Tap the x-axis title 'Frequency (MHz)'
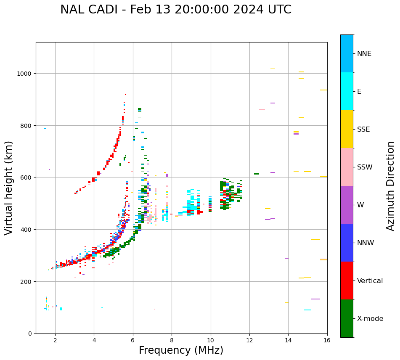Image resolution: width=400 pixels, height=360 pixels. [181, 350]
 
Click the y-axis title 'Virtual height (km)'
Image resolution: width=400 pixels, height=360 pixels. [9, 188]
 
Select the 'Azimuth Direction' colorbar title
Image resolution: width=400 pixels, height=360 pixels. [391, 186]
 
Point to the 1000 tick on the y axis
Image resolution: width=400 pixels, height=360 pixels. [26, 74]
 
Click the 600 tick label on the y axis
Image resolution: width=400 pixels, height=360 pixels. [27, 177]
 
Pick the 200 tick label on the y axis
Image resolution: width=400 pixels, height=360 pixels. [27, 281]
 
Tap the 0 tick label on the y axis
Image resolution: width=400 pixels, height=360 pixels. [30, 334]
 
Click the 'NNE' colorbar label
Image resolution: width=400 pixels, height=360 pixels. [364, 53]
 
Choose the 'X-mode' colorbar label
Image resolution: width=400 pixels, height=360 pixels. [370, 318]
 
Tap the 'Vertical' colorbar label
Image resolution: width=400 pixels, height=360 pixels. [370, 281]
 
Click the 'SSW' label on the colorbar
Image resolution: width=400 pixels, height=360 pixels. [365, 167]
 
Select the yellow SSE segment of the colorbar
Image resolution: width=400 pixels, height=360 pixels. [347, 129]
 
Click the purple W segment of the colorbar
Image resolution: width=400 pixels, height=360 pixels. [347, 205]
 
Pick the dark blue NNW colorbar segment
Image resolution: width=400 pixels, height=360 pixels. [347, 243]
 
